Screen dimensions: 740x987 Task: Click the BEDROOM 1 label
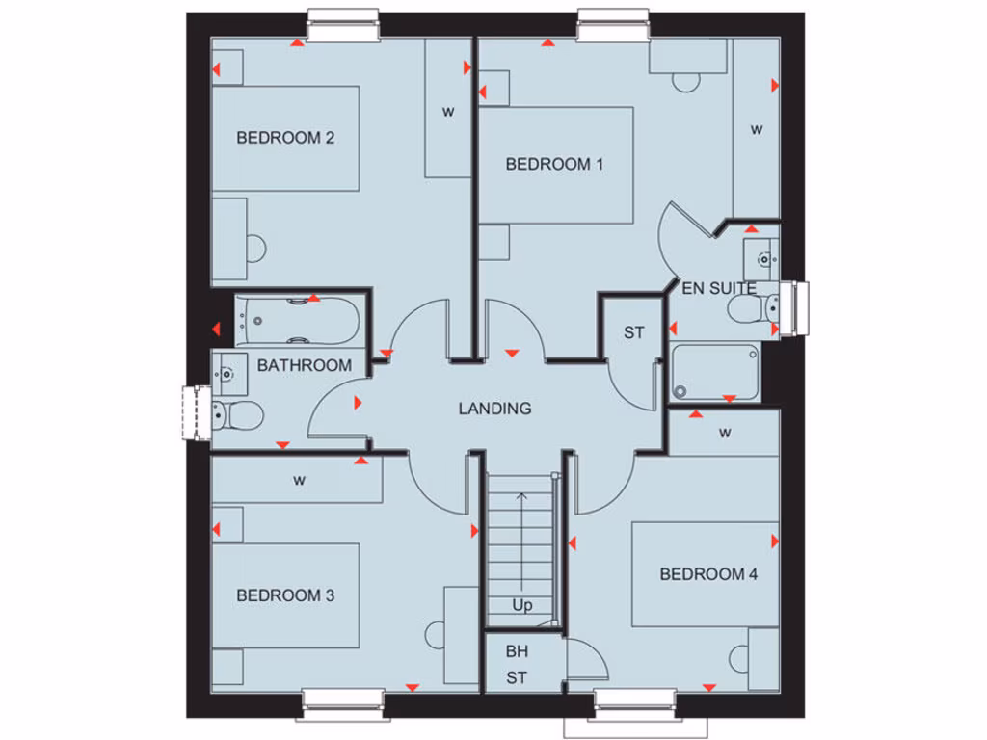point(554,164)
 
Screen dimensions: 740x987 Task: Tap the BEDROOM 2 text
point(285,138)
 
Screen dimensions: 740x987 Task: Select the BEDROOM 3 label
point(285,595)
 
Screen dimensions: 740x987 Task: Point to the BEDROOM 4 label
point(708,574)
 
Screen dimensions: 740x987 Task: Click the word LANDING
point(494,409)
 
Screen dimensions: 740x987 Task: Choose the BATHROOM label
point(304,365)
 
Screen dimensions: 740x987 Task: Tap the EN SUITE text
point(718,288)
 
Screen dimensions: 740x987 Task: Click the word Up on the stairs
point(521,606)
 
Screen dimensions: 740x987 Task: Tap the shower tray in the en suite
point(715,371)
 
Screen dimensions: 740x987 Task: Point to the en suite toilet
point(753,309)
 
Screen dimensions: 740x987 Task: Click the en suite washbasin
point(761,257)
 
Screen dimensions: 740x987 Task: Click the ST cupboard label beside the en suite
point(633,333)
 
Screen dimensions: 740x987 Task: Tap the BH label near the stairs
point(517,651)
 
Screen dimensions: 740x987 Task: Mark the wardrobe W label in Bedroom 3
point(299,481)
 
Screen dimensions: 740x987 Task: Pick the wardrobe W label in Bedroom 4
point(724,433)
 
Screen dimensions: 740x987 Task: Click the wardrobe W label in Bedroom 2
point(447,111)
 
